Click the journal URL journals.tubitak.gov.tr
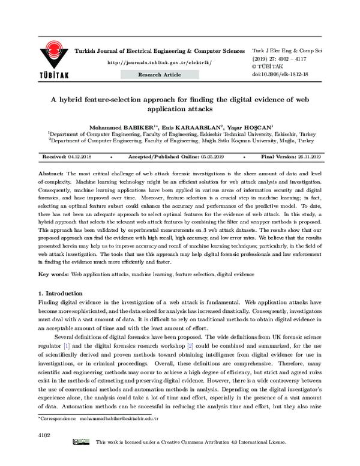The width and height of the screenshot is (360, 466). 158,62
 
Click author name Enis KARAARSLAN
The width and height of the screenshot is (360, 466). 192,127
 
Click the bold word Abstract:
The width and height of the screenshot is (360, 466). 52,172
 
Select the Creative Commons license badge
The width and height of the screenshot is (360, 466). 81,459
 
